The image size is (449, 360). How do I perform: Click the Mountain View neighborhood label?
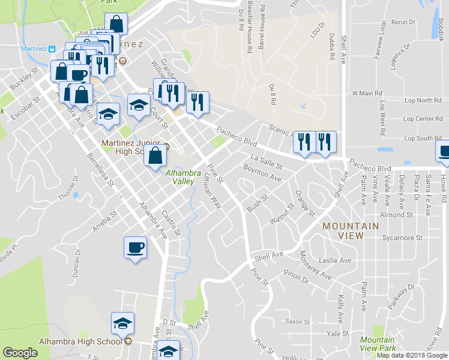[x=351, y=230]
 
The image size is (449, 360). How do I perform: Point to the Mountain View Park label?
[x=378, y=344]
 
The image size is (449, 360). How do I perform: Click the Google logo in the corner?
[x=20, y=353]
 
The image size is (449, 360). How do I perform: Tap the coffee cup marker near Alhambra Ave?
[x=134, y=247]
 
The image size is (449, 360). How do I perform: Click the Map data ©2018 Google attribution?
[x=411, y=355]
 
